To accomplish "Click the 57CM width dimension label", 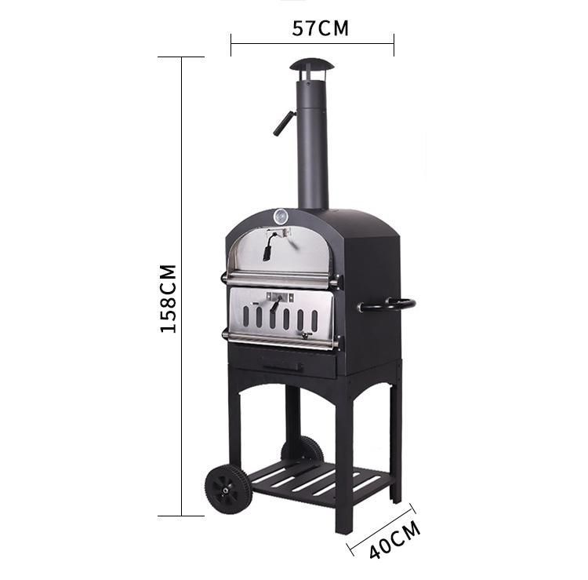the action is point(320,28).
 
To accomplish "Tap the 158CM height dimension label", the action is point(168,299).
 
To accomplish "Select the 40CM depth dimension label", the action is point(395,539).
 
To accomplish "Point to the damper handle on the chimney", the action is point(284,123).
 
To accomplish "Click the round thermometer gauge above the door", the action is point(281,217).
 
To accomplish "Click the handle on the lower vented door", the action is point(276,304).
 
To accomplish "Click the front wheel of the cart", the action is point(226,489).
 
